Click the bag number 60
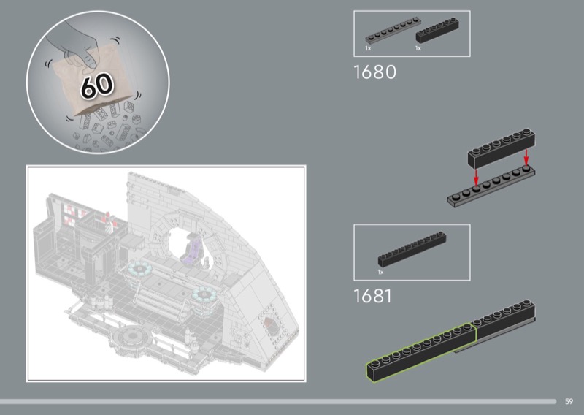(x=97, y=85)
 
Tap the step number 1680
(x=374, y=72)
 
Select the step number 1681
(x=372, y=296)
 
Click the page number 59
(x=569, y=401)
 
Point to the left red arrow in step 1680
(x=476, y=177)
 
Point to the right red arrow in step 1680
(x=526, y=157)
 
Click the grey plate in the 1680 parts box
(x=392, y=30)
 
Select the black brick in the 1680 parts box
(x=437, y=30)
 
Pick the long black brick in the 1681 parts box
(x=412, y=249)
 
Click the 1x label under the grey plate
(x=368, y=48)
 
